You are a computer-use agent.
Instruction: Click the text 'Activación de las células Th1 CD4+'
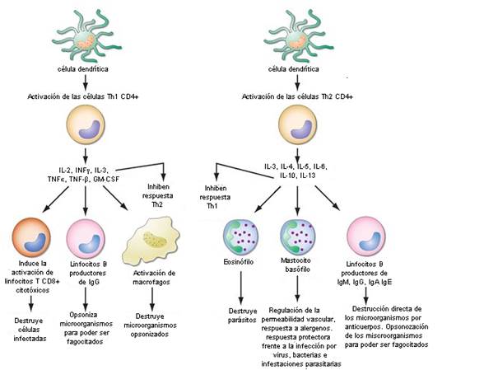pos(86,96)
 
